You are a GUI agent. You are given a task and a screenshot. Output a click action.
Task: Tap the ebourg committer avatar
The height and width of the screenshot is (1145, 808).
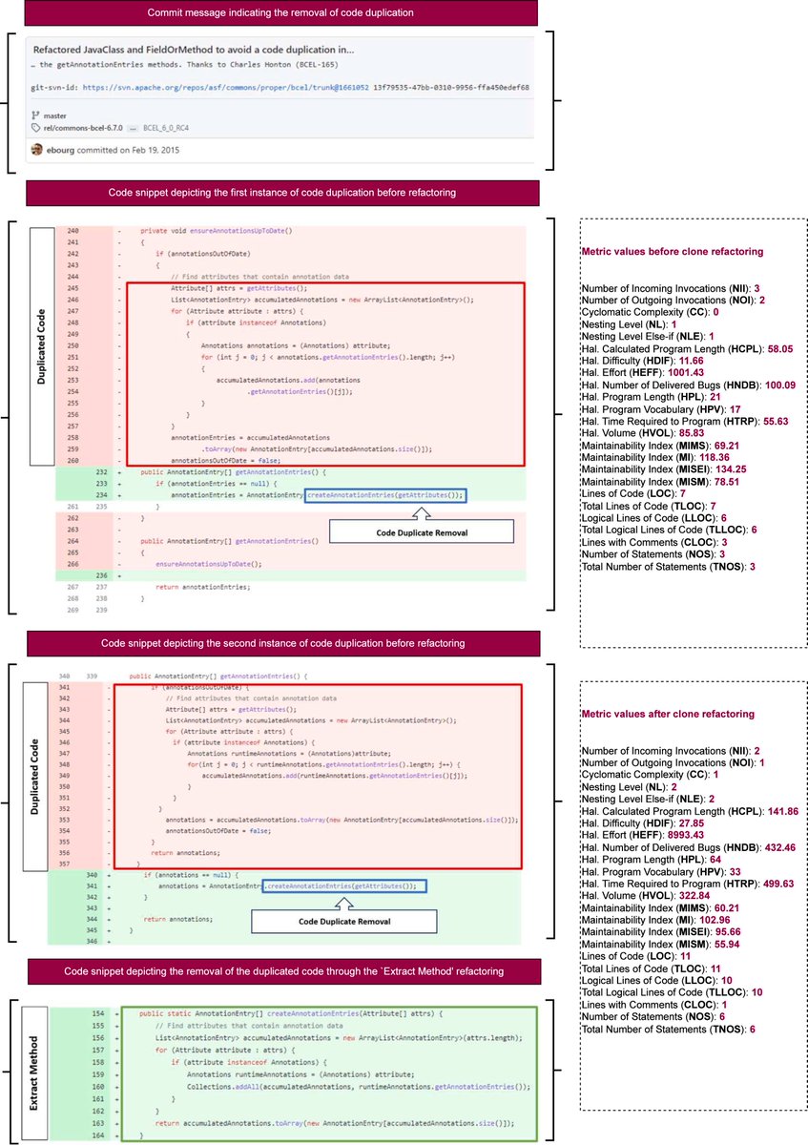click(x=37, y=150)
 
